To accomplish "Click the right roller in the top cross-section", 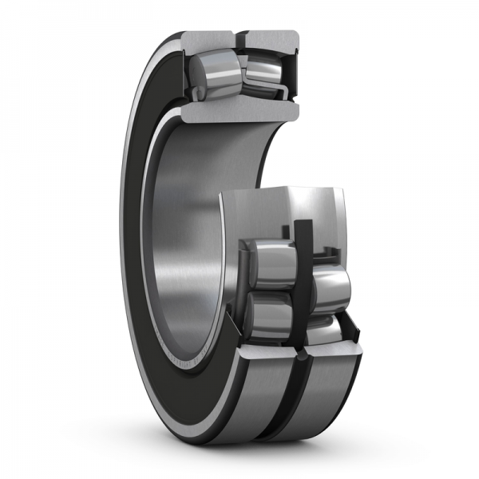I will click(261, 70).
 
